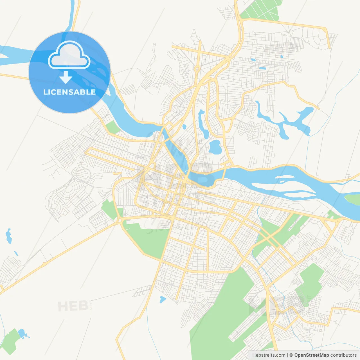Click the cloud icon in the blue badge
[x=69, y=55]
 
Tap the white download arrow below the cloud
[x=66, y=77]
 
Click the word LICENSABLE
[x=69, y=92]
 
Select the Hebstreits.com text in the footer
[x=269, y=355]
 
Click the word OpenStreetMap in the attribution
[x=311, y=355]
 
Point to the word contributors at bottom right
[x=343, y=355]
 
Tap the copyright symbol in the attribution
[x=291, y=355]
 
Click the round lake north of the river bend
[x=215, y=147]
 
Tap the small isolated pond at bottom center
[x=162, y=299]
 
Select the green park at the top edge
[x=262, y=10]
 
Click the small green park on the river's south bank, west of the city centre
[x=113, y=127]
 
